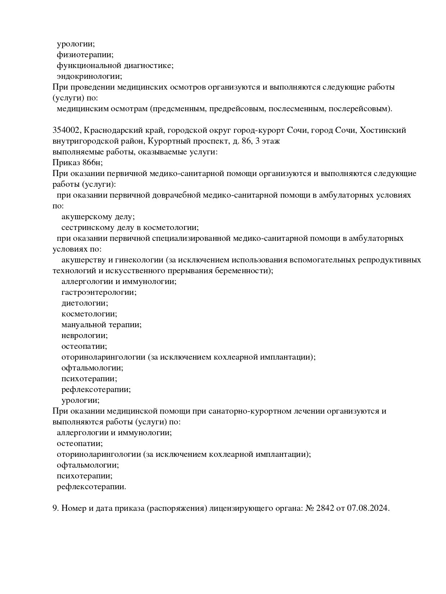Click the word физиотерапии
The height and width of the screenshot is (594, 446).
(85, 55)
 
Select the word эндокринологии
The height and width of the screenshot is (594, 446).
(89, 76)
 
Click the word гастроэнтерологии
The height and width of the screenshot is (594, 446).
(99, 292)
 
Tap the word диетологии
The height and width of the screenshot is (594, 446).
(85, 303)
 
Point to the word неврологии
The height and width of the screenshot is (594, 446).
(85, 336)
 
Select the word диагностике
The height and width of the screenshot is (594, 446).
(149, 66)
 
